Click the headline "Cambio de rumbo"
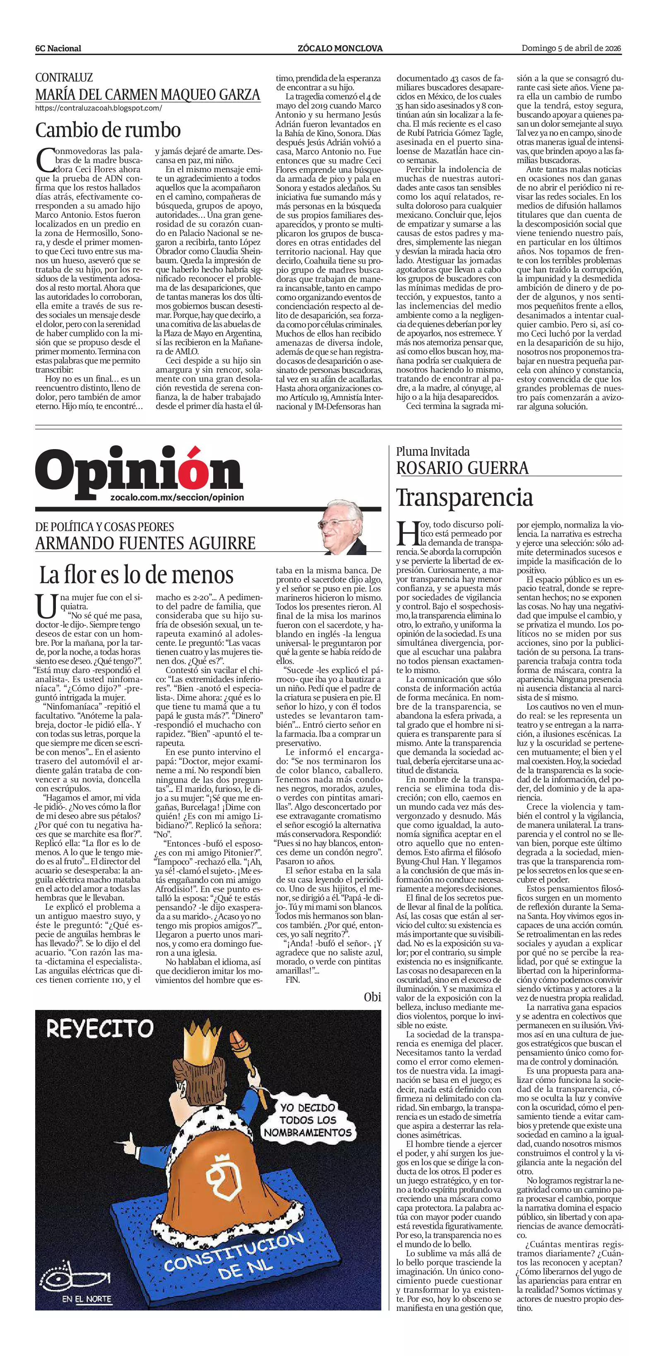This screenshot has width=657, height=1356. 108,130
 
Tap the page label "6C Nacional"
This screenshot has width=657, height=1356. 58,48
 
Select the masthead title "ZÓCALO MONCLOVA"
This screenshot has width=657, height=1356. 340,48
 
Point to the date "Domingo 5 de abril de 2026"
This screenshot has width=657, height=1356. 571,48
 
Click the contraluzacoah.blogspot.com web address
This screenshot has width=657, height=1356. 99,108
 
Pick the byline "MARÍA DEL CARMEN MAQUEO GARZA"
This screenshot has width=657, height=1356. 148,95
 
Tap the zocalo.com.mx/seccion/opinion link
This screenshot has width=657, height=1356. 178,498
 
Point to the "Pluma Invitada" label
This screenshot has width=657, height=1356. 433,451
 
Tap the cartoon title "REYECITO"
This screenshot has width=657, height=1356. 99,1028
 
